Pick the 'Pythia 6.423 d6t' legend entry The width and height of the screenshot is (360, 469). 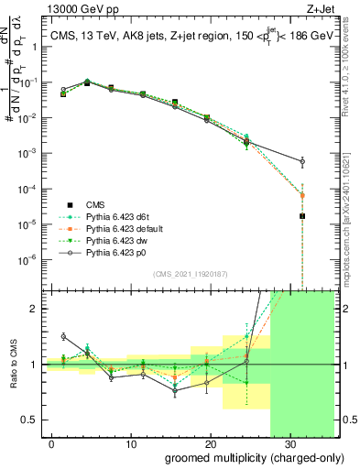click(x=111, y=216)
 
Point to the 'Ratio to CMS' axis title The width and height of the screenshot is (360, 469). click(x=13, y=365)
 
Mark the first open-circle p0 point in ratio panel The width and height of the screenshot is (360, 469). click(x=63, y=336)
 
